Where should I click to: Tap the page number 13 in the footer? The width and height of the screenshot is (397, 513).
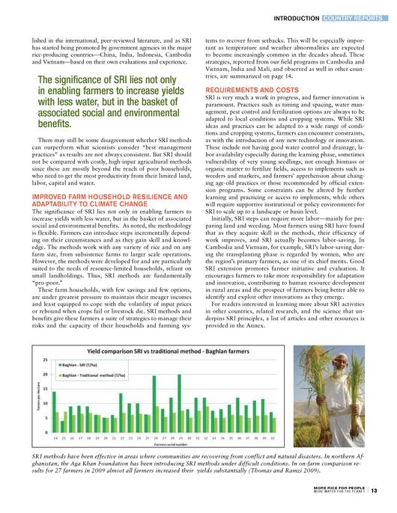[x=375, y=491]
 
